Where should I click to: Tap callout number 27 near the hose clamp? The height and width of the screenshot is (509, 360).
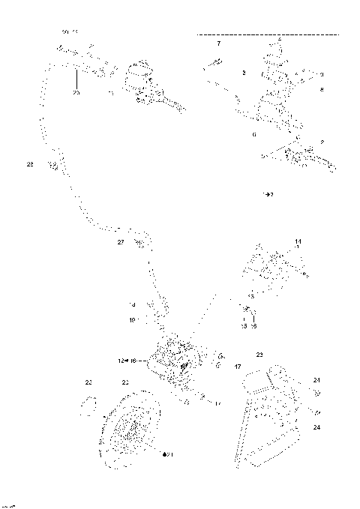(x=120, y=242)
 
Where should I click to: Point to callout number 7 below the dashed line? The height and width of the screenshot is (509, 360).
(x=218, y=46)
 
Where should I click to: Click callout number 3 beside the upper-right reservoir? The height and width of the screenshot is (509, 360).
(x=244, y=73)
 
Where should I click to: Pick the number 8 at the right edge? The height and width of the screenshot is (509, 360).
(x=322, y=89)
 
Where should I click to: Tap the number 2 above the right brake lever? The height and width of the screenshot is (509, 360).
(x=322, y=141)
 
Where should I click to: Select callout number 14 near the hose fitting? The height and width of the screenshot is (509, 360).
(x=131, y=304)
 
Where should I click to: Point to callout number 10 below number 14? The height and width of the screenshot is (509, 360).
(x=131, y=320)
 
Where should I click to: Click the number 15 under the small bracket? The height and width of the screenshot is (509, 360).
(x=243, y=326)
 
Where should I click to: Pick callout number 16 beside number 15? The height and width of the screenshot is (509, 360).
(x=253, y=326)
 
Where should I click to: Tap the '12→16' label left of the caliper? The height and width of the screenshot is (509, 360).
(x=125, y=361)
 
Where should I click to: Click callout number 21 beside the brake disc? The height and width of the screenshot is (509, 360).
(x=169, y=454)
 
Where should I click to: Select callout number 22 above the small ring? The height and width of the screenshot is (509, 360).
(x=88, y=383)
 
